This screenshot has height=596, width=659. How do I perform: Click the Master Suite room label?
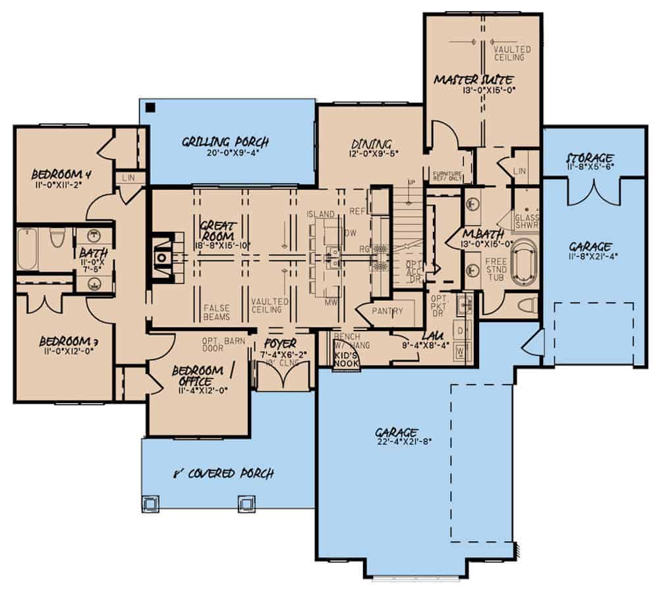482,80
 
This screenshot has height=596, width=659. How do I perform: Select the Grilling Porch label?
226,142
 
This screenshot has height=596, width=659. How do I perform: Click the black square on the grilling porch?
151,108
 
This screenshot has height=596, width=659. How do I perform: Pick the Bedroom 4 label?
61,175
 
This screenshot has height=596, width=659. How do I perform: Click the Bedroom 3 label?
64,341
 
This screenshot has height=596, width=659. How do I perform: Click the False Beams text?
217,312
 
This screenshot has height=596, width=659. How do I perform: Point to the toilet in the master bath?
525,304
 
